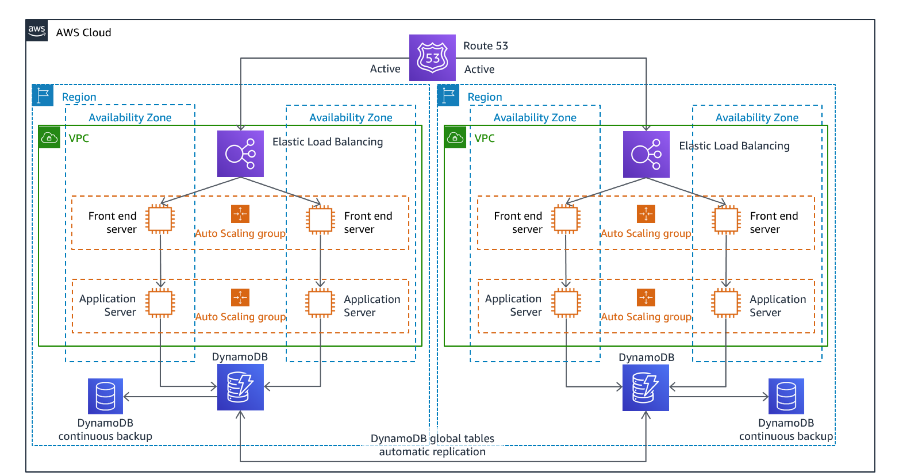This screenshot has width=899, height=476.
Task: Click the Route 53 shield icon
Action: [x=432, y=57]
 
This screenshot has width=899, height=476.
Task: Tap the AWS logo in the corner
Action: [x=37, y=31]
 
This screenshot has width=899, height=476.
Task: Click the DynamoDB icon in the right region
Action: [x=646, y=387]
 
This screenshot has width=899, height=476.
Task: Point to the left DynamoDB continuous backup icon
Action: [x=105, y=396]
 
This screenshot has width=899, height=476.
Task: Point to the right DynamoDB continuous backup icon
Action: [x=786, y=396]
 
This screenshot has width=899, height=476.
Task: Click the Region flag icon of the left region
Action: [x=43, y=95]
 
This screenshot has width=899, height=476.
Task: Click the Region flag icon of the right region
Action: [x=448, y=95]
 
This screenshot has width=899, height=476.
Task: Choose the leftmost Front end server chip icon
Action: [x=160, y=219]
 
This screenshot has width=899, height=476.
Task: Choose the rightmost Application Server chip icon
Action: [x=726, y=303]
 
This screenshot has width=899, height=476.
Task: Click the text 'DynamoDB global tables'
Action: [x=432, y=438]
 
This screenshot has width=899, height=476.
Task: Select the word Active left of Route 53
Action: [x=385, y=69]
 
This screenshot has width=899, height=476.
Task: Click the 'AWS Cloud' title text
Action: [x=83, y=32]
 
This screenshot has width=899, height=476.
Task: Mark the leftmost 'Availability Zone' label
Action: [x=130, y=118]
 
